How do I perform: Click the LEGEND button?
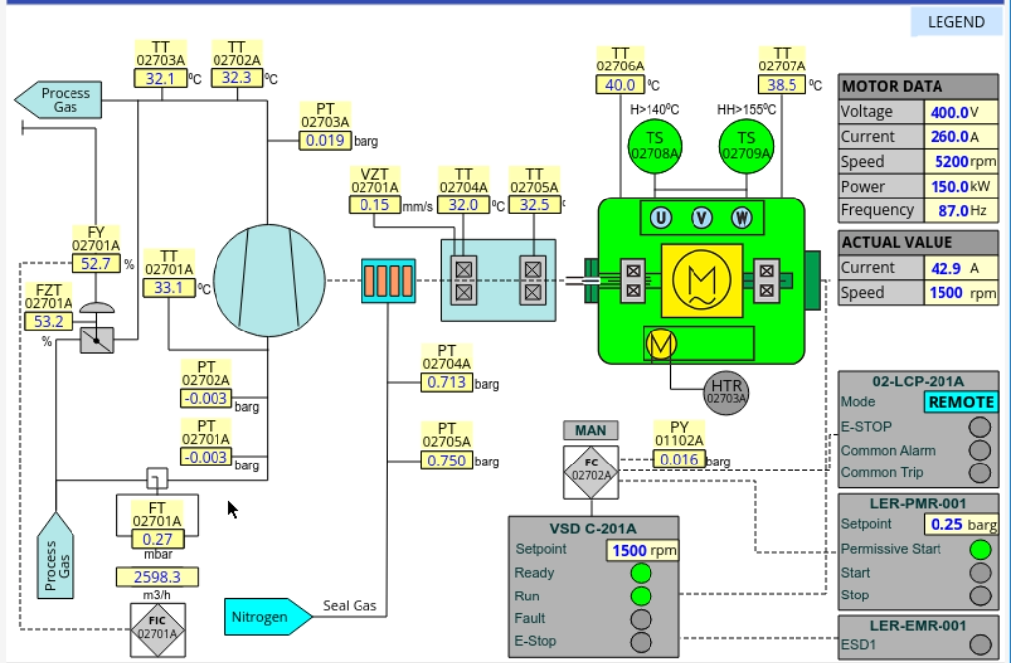click(955, 22)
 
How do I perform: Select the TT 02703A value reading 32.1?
click(160, 79)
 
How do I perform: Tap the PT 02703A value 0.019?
click(325, 141)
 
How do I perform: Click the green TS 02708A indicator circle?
click(654, 145)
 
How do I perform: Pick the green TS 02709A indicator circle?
click(745, 145)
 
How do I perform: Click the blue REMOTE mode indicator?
click(960, 402)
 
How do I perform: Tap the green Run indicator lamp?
click(642, 596)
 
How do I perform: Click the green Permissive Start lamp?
click(980, 549)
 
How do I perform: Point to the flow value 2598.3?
click(157, 577)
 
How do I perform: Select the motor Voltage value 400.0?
click(947, 112)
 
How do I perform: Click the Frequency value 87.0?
click(947, 210)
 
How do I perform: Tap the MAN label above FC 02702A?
click(590, 431)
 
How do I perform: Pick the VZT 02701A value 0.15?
click(374, 205)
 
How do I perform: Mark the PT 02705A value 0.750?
click(446, 461)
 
